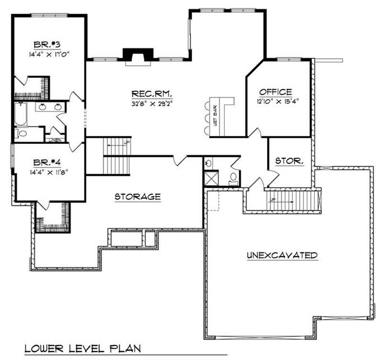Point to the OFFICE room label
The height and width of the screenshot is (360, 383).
point(275,92)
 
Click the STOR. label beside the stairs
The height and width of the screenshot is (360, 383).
point(289,161)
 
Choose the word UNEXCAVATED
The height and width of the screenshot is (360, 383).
point(282,255)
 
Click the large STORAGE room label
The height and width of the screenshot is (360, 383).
point(138,197)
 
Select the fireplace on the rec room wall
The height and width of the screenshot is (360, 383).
point(137,55)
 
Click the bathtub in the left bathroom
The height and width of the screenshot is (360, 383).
point(20,114)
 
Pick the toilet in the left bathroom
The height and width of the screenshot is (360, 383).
point(22,133)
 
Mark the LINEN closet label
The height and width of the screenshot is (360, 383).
point(55,139)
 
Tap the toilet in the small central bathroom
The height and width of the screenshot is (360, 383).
point(233,178)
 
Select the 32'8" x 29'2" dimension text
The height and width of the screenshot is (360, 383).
point(151,102)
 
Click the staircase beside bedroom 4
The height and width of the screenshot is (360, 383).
point(116,157)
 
